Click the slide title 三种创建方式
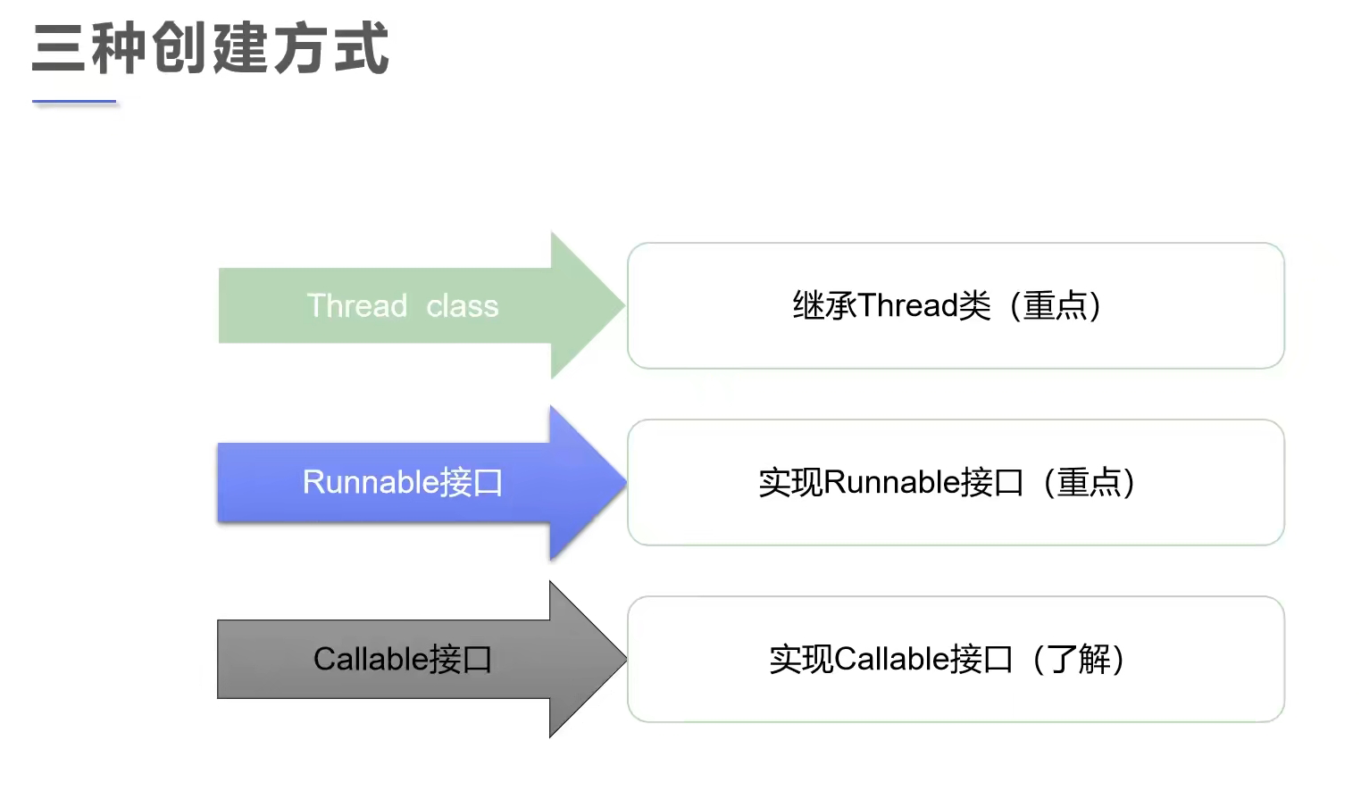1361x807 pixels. pyautogui.click(x=211, y=48)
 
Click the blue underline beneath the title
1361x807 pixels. pyautogui.click(x=75, y=103)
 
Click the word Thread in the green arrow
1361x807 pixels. pyautogui.click(x=357, y=306)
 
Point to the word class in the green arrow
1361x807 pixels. pyautogui.click(x=462, y=306)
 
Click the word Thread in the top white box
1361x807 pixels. pyautogui.click(x=908, y=305)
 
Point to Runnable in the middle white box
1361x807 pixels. pyautogui.click(x=891, y=482)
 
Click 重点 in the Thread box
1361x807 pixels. pyautogui.click(x=1055, y=305)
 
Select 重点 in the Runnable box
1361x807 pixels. pyautogui.click(x=1089, y=482)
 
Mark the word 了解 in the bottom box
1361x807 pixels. pyautogui.click(x=1079, y=659)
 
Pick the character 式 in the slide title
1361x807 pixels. pyautogui.click(x=362, y=48)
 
